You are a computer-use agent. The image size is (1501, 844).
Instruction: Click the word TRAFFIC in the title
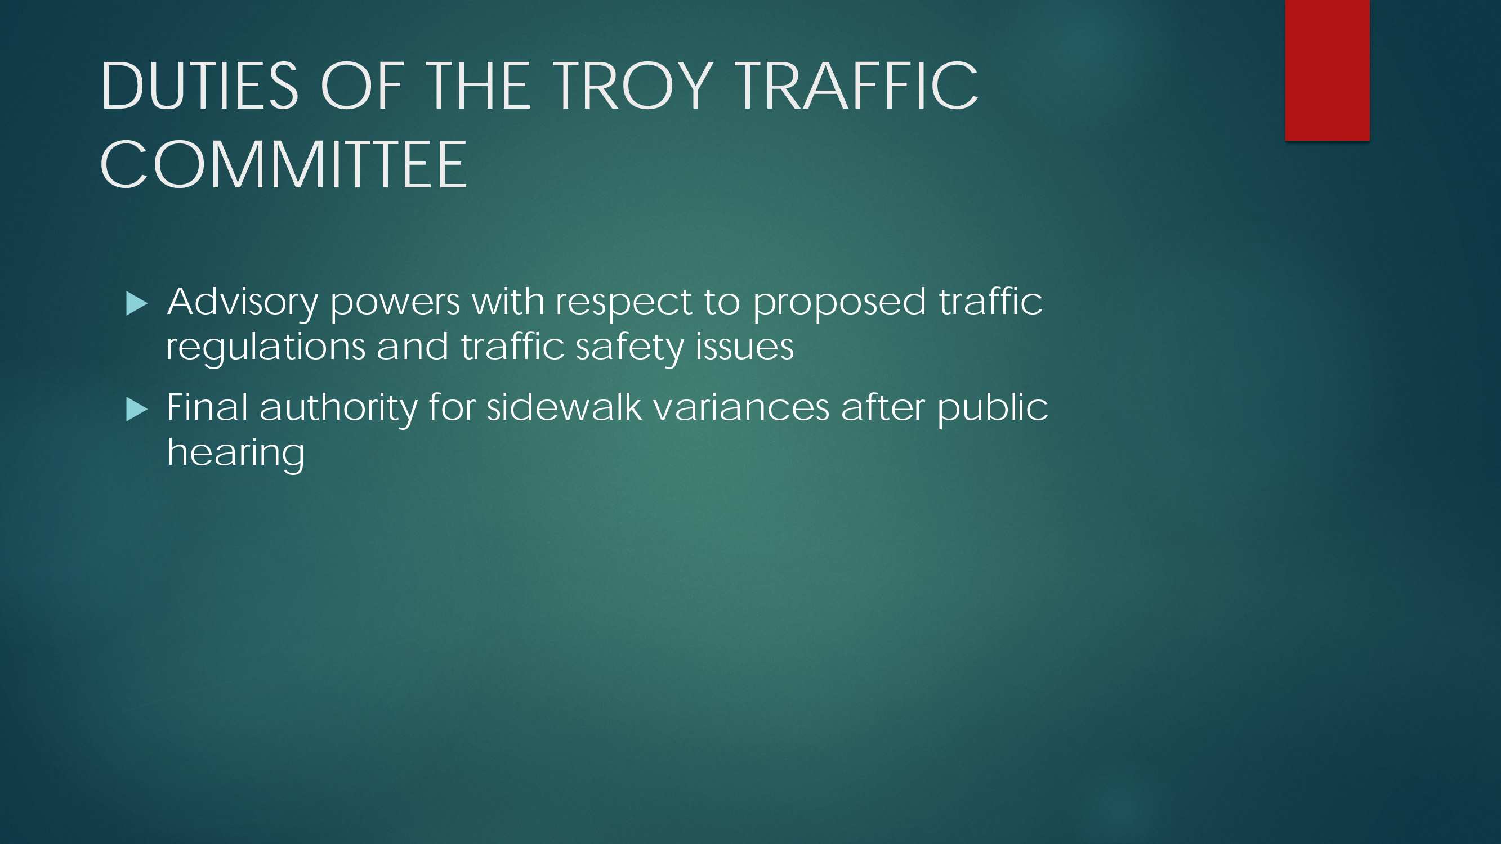[x=856, y=86]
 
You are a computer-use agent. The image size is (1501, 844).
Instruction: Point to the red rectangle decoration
[x=1328, y=70]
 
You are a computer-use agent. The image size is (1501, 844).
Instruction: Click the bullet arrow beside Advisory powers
[x=137, y=304]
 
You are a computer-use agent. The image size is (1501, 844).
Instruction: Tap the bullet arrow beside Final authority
[x=137, y=410]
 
